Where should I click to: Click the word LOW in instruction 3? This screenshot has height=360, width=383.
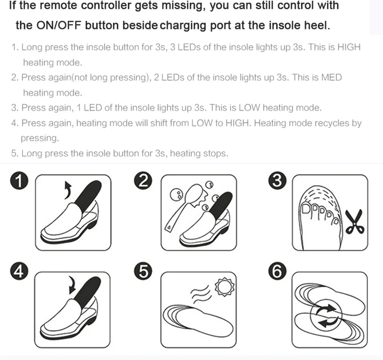250,108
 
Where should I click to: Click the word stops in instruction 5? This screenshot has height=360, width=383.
216,153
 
